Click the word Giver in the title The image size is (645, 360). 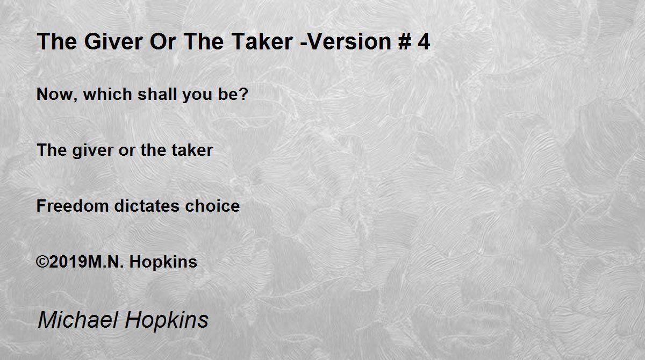113,42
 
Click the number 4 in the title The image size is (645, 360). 424,42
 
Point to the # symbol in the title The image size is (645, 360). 405,42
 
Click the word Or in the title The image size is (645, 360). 163,42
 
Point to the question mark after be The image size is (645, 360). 244,94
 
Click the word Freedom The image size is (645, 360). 73,206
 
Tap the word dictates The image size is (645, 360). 147,206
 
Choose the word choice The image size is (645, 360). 212,206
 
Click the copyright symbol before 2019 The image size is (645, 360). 42,262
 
